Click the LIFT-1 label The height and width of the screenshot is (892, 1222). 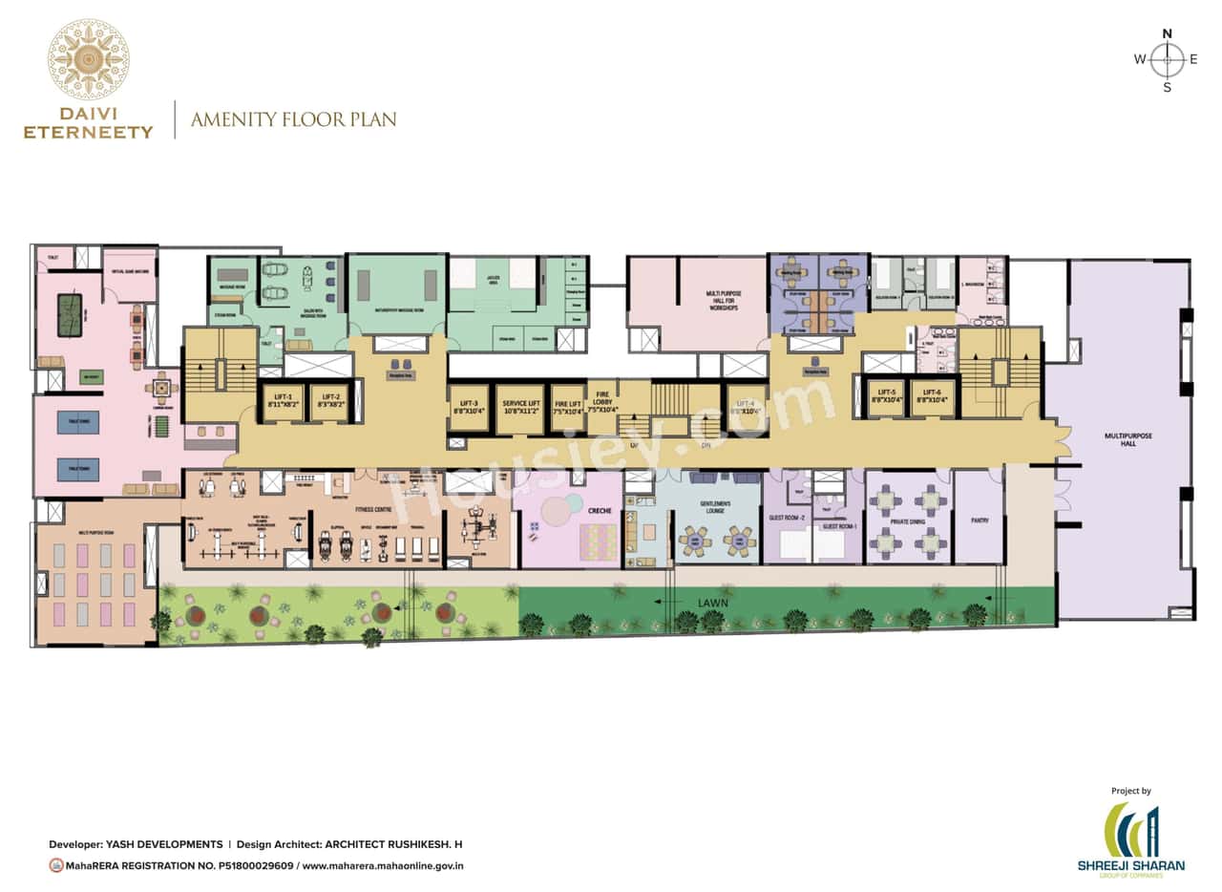click(282, 396)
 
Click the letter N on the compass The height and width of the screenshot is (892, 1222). click(1167, 33)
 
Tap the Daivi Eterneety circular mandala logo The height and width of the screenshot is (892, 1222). click(88, 60)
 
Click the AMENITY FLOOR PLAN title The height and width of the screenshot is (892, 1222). click(293, 120)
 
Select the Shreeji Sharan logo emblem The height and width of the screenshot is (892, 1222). click(1131, 830)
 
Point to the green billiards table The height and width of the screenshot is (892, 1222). click(70, 316)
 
